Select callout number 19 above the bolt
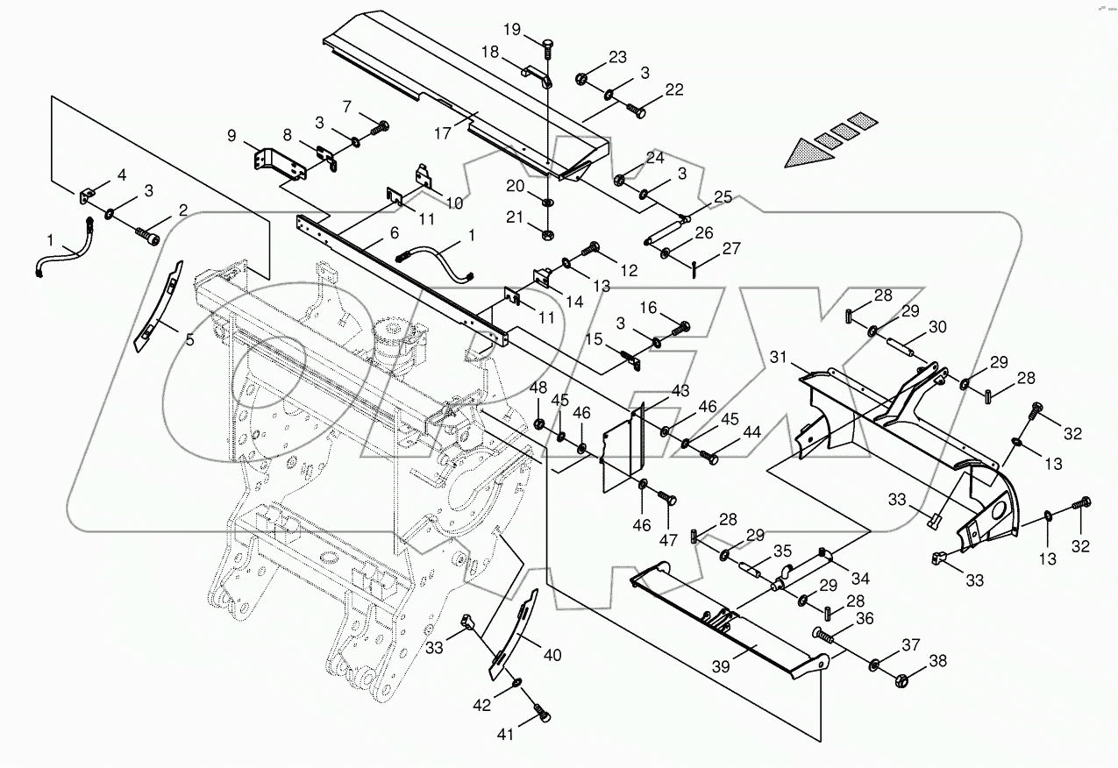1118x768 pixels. (x=534, y=30)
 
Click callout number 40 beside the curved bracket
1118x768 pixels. (x=552, y=654)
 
